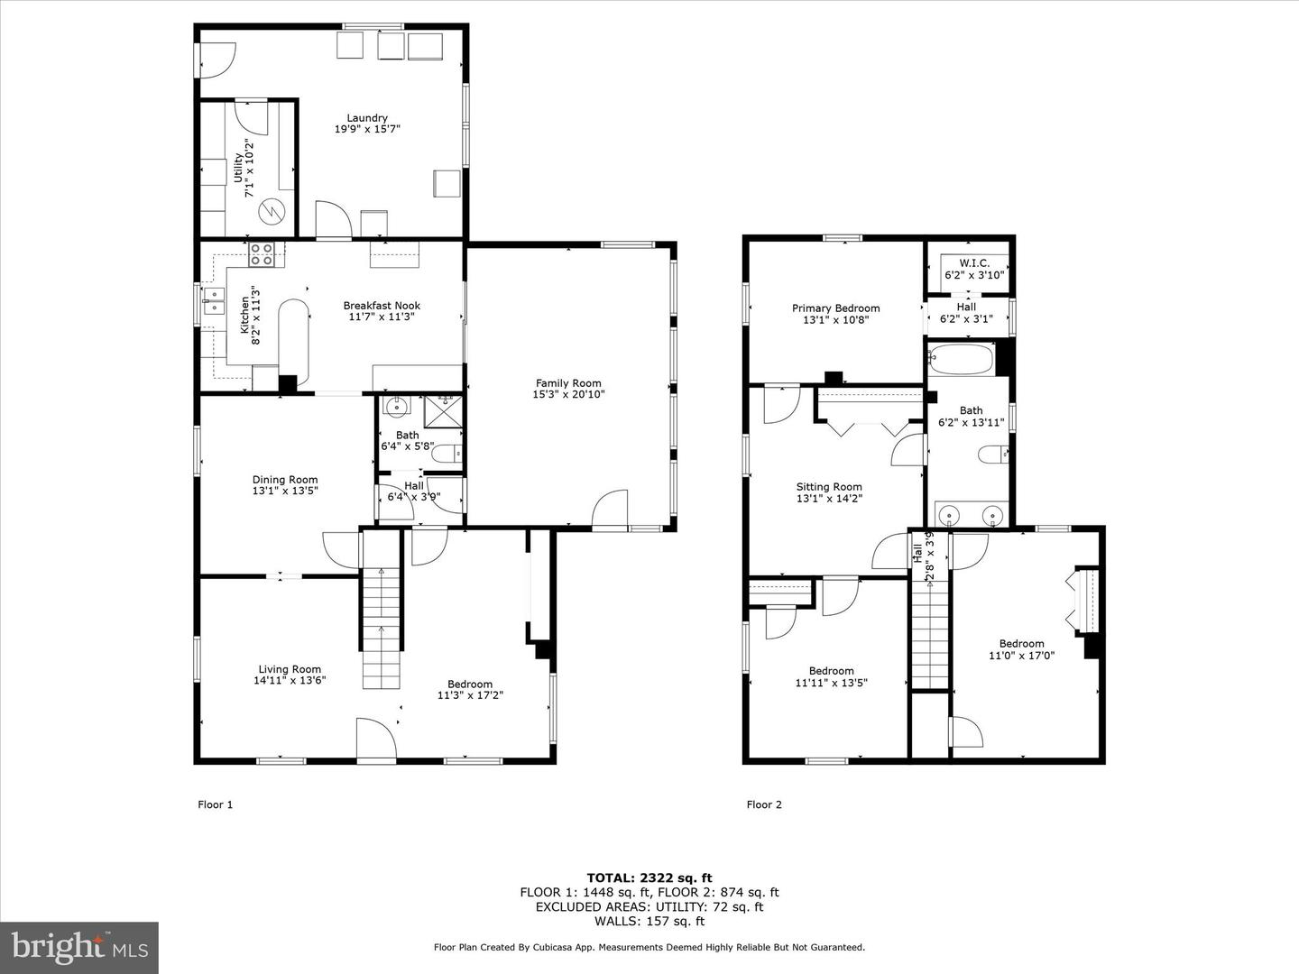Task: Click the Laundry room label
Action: point(367,118)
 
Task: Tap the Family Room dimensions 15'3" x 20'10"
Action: point(568,394)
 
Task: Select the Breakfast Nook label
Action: point(382,306)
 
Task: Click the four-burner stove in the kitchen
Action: point(262,255)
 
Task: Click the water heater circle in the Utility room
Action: point(271,213)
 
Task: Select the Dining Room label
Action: point(285,480)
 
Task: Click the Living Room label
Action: point(289,669)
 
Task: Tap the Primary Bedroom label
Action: point(835,308)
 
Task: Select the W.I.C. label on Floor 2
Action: point(967,263)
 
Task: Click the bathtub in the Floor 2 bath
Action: point(962,359)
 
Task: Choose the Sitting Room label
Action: point(828,487)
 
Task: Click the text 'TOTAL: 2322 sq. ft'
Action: point(649,878)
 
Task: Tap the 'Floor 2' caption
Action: point(764,804)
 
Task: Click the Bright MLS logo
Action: point(79,947)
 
